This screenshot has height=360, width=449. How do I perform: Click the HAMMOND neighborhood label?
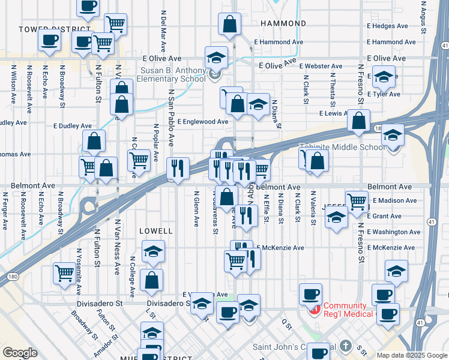tap(284, 23)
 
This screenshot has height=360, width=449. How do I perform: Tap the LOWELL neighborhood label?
tap(155, 230)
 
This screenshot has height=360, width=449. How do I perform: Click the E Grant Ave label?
tap(387, 216)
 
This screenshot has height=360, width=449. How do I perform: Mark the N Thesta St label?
tap(331, 85)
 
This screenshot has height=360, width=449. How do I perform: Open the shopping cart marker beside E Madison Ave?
tap(357, 200)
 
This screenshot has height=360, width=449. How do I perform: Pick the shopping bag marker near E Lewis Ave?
tap(358, 121)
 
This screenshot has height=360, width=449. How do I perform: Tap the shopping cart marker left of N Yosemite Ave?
tap(64, 272)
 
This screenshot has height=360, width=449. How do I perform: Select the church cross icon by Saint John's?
tap(345, 346)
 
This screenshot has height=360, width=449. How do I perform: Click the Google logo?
tap(20, 353)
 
